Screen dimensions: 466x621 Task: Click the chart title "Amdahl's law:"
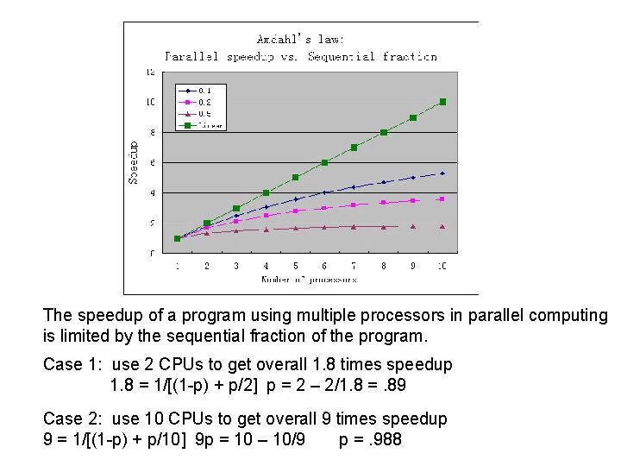point(301,39)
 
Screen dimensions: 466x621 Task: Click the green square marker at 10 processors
point(442,102)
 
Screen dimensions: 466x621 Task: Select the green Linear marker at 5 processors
point(295,177)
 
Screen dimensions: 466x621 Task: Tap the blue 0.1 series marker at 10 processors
point(442,173)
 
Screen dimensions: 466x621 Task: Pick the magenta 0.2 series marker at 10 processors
point(442,199)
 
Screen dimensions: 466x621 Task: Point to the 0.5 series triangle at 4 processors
point(266,230)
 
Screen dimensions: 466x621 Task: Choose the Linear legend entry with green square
point(200,125)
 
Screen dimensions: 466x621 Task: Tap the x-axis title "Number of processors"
point(309,280)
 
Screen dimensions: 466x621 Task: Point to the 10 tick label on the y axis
point(150,102)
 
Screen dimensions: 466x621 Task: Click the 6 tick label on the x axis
point(324,267)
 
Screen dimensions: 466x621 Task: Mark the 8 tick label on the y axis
point(153,132)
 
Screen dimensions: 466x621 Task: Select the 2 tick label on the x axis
point(206,267)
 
